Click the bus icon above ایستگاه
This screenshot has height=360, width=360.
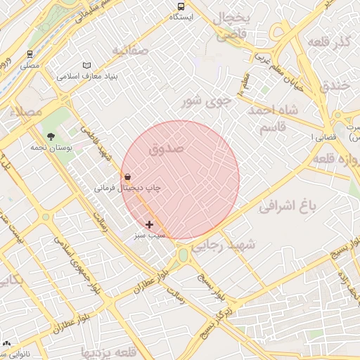[181, 6]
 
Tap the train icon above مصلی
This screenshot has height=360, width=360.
[30, 53]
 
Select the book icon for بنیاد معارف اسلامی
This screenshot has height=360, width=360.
[87, 65]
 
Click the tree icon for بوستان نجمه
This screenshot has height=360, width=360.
[51, 136]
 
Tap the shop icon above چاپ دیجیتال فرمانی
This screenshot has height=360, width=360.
[127, 177]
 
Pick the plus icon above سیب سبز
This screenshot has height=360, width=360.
[149, 224]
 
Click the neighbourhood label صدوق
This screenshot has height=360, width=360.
[167, 148]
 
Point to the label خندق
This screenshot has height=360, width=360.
[334, 86]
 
